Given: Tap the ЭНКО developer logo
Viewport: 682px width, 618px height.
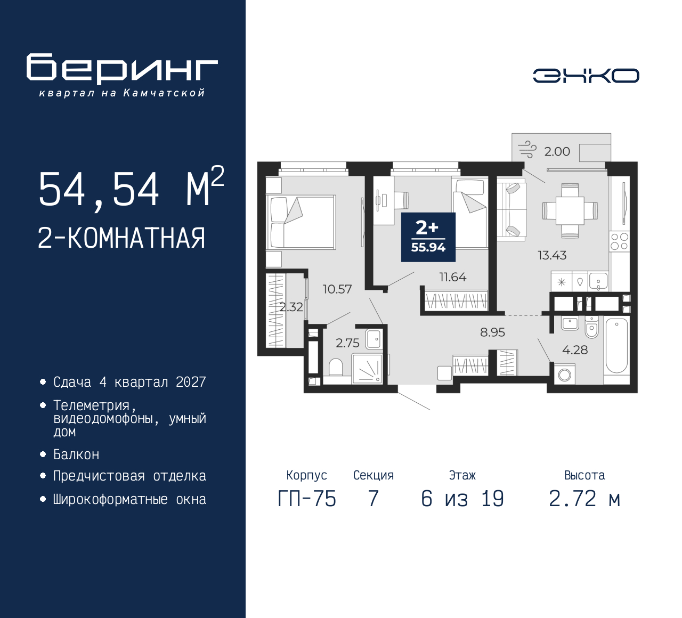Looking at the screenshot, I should click(x=586, y=76).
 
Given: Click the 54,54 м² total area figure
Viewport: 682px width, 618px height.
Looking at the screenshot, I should click(x=131, y=189).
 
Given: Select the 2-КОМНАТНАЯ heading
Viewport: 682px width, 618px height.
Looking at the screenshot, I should click(x=121, y=238).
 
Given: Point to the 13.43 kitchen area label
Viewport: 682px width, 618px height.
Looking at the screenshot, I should click(x=551, y=255).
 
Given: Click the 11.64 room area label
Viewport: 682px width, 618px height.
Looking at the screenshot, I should click(x=452, y=277).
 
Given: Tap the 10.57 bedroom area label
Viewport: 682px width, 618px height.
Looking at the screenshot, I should click(x=337, y=289).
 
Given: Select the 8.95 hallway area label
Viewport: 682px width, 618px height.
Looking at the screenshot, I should click(x=492, y=332).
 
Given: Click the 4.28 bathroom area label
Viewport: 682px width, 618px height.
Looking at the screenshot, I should click(x=575, y=350).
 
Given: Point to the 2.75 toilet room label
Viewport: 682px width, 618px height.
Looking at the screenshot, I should click(x=347, y=343).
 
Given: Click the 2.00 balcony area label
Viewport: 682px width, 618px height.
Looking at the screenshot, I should click(x=557, y=152).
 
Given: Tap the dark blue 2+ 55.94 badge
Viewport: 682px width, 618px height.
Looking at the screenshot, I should click(x=428, y=237).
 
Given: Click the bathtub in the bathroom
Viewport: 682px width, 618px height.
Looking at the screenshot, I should click(x=616, y=346).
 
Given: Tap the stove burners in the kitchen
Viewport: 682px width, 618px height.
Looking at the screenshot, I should click(x=619, y=241).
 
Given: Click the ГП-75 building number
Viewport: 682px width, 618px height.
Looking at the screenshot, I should click(x=307, y=499).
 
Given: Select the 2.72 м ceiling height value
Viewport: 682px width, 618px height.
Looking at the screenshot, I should click(x=584, y=499).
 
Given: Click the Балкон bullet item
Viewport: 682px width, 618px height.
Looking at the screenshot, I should click(x=76, y=454).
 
